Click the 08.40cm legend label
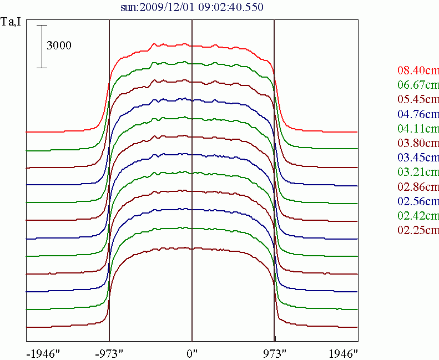(x=418, y=71)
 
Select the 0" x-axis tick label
(x=192, y=353)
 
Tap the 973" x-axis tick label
(x=275, y=353)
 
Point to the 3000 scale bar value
(x=59, y=46)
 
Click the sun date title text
(x=191, y=7)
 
